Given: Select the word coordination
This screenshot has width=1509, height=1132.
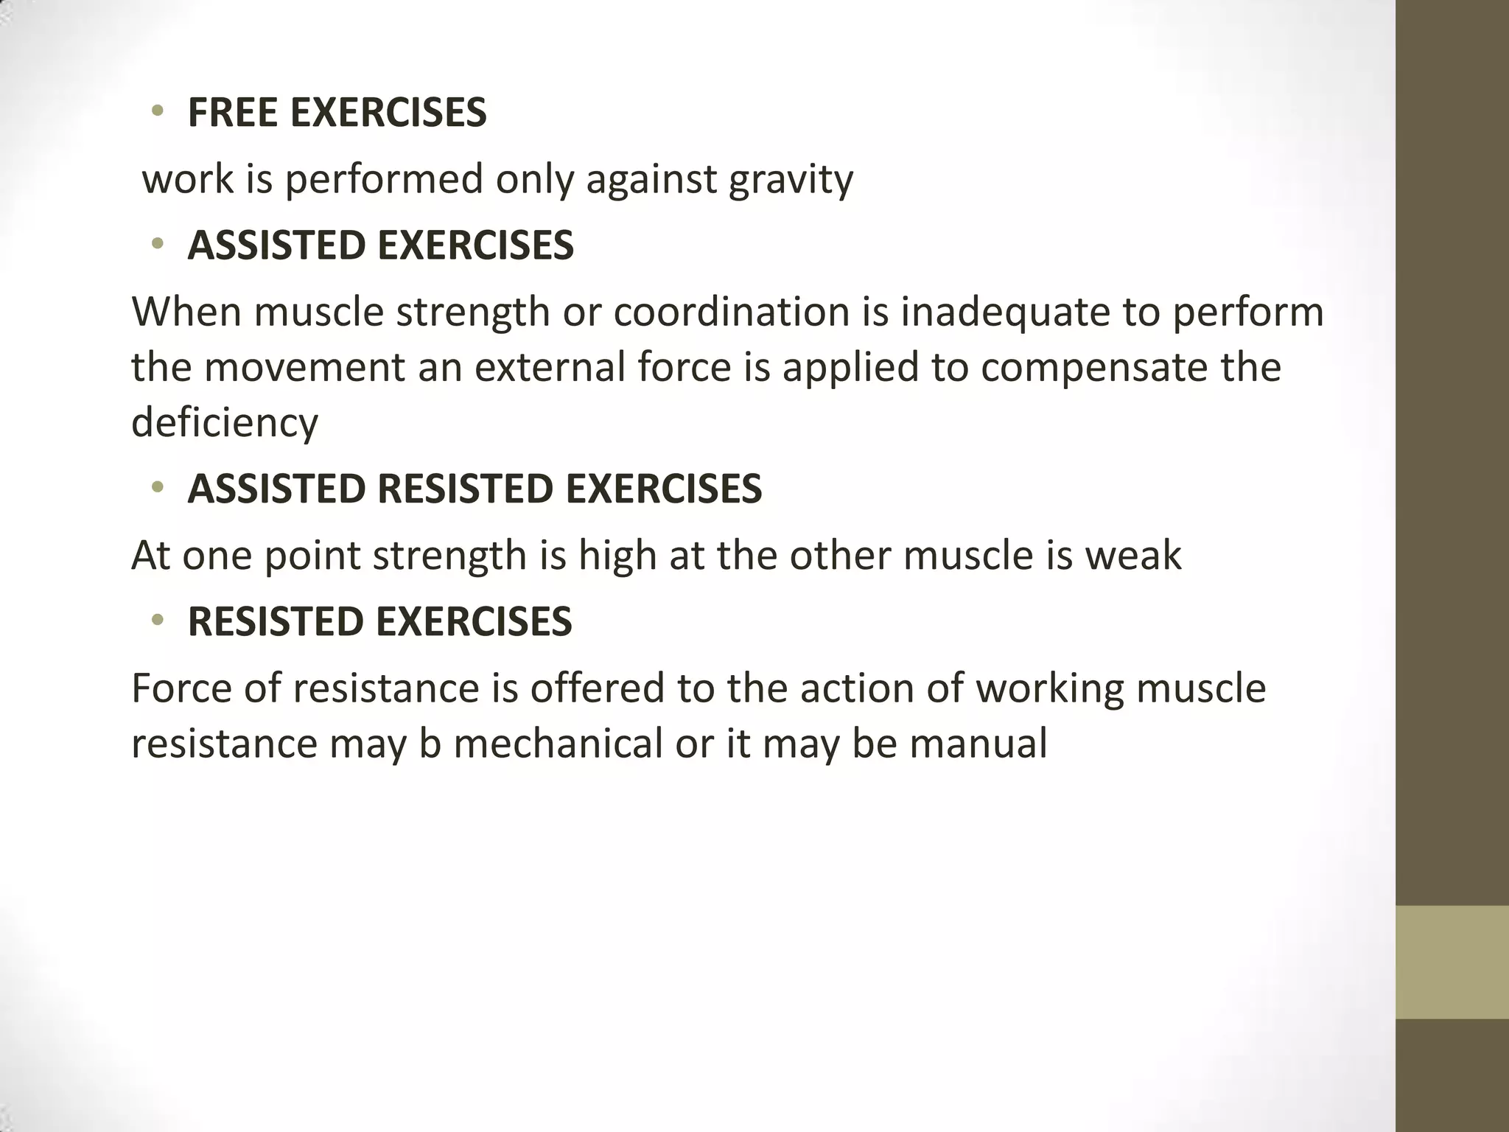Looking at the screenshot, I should (732, 312).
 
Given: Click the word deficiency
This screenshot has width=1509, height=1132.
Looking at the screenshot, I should (225, 422).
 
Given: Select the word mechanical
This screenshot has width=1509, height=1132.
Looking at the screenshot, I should (558, 743).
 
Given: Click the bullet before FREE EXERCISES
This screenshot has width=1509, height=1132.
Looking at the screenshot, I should (156, 112).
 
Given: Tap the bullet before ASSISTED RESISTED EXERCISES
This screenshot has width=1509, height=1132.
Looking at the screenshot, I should (156, 488).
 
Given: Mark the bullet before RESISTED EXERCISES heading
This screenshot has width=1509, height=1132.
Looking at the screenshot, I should (156, 621).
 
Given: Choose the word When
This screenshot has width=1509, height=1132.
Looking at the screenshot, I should (186, 312).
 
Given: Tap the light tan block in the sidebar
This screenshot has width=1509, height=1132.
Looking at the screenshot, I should (1452, 962).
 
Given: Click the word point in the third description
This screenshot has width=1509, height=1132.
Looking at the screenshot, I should (312, 555).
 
